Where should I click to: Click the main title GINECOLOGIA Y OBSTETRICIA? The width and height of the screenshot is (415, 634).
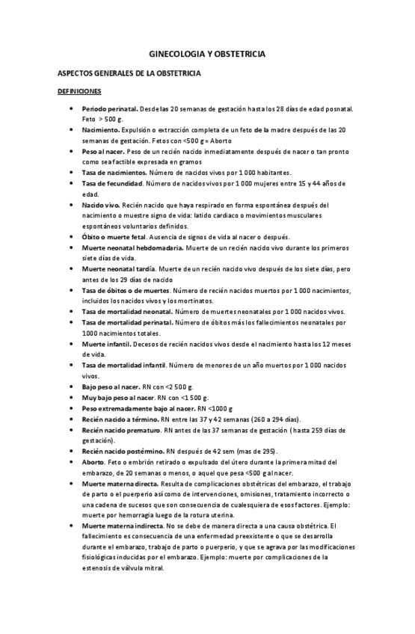(x=207, y=55)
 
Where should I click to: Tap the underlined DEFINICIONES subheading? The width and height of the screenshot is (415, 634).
(x=79, y=92)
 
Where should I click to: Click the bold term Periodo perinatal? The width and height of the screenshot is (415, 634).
(x=110, y=109)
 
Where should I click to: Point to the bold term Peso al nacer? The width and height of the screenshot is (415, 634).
(x=103, y=151)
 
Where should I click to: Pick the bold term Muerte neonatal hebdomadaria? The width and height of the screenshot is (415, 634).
(x=131, y=247)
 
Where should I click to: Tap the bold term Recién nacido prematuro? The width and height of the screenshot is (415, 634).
(x=122, y=431)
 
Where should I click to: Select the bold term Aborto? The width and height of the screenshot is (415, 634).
(x=94, y=462)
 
